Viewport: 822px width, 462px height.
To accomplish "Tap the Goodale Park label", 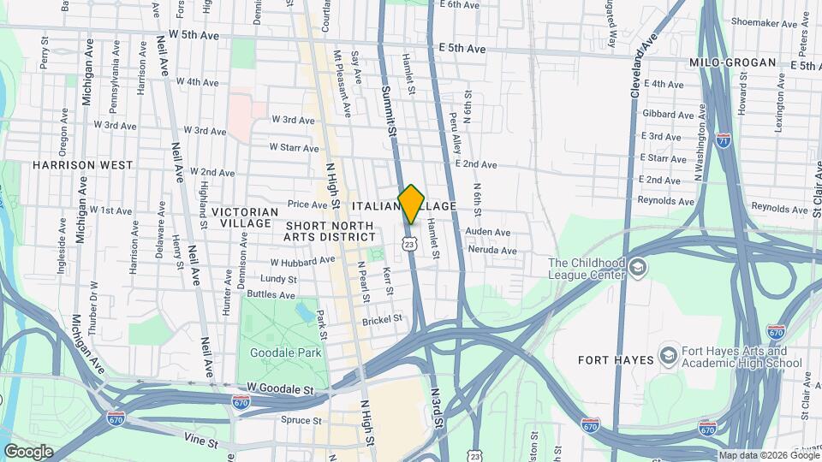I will pos(283,353).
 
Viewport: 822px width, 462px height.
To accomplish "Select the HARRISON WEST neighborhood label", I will pos(83,164).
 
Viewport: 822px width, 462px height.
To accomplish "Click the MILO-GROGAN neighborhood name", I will pos(732,62).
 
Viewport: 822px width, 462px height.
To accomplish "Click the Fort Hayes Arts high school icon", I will pos(669,355).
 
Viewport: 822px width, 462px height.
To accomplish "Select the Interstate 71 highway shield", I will pos(724,140).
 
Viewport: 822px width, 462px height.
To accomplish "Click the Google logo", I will pos(28,451).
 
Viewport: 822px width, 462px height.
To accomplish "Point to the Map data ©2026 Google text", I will pos(768,455).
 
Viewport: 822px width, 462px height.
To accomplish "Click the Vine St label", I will pos(202,438).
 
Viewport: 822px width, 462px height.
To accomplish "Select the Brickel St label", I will pos(382,319).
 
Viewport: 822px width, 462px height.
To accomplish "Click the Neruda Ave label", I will pos(491,251).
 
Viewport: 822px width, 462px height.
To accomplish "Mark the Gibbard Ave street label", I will pos(667,114).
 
